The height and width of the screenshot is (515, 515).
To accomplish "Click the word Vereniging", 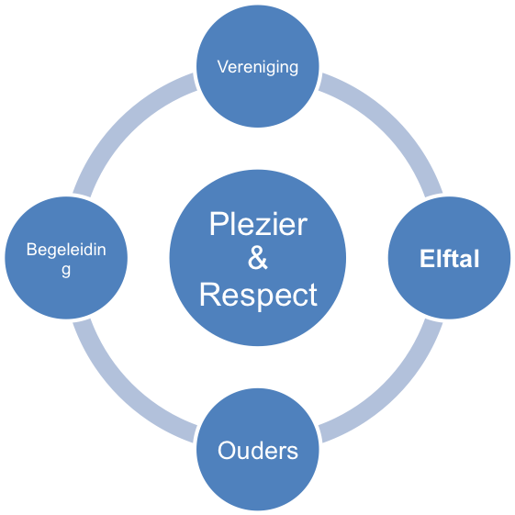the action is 258,67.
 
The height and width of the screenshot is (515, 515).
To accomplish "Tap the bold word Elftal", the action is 449,259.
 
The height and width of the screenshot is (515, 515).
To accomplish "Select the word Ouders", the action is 258,451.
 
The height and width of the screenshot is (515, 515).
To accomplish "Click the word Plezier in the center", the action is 258,224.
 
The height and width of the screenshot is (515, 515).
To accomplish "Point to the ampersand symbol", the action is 258,258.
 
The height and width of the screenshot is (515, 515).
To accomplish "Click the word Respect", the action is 258,295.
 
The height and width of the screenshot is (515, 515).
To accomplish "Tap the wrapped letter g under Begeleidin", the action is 66,270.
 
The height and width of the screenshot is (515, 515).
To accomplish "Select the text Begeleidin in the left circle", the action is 66,250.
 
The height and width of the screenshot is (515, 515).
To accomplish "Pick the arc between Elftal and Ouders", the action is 394,394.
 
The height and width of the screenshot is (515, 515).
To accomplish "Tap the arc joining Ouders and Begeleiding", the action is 121,394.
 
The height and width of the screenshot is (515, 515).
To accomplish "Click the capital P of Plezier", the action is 218,224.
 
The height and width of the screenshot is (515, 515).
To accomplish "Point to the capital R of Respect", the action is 209,295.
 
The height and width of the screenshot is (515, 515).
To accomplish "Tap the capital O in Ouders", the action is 228,451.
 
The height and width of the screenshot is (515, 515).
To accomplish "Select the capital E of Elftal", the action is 426,259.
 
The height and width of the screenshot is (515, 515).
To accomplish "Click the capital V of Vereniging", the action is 224,66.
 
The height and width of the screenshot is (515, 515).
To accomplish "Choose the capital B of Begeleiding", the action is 32,250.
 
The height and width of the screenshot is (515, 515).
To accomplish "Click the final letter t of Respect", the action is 313,296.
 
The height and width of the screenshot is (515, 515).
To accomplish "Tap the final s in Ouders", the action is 292,453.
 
